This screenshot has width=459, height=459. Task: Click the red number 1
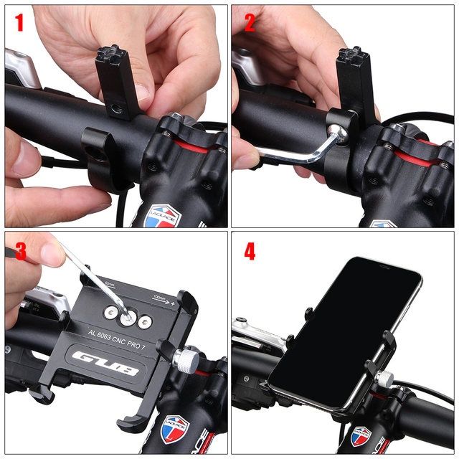19,23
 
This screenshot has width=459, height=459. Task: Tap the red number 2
250,23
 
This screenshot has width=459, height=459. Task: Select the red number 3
20,252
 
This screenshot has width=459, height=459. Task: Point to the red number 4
250,252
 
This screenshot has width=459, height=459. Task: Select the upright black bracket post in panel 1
117,82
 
